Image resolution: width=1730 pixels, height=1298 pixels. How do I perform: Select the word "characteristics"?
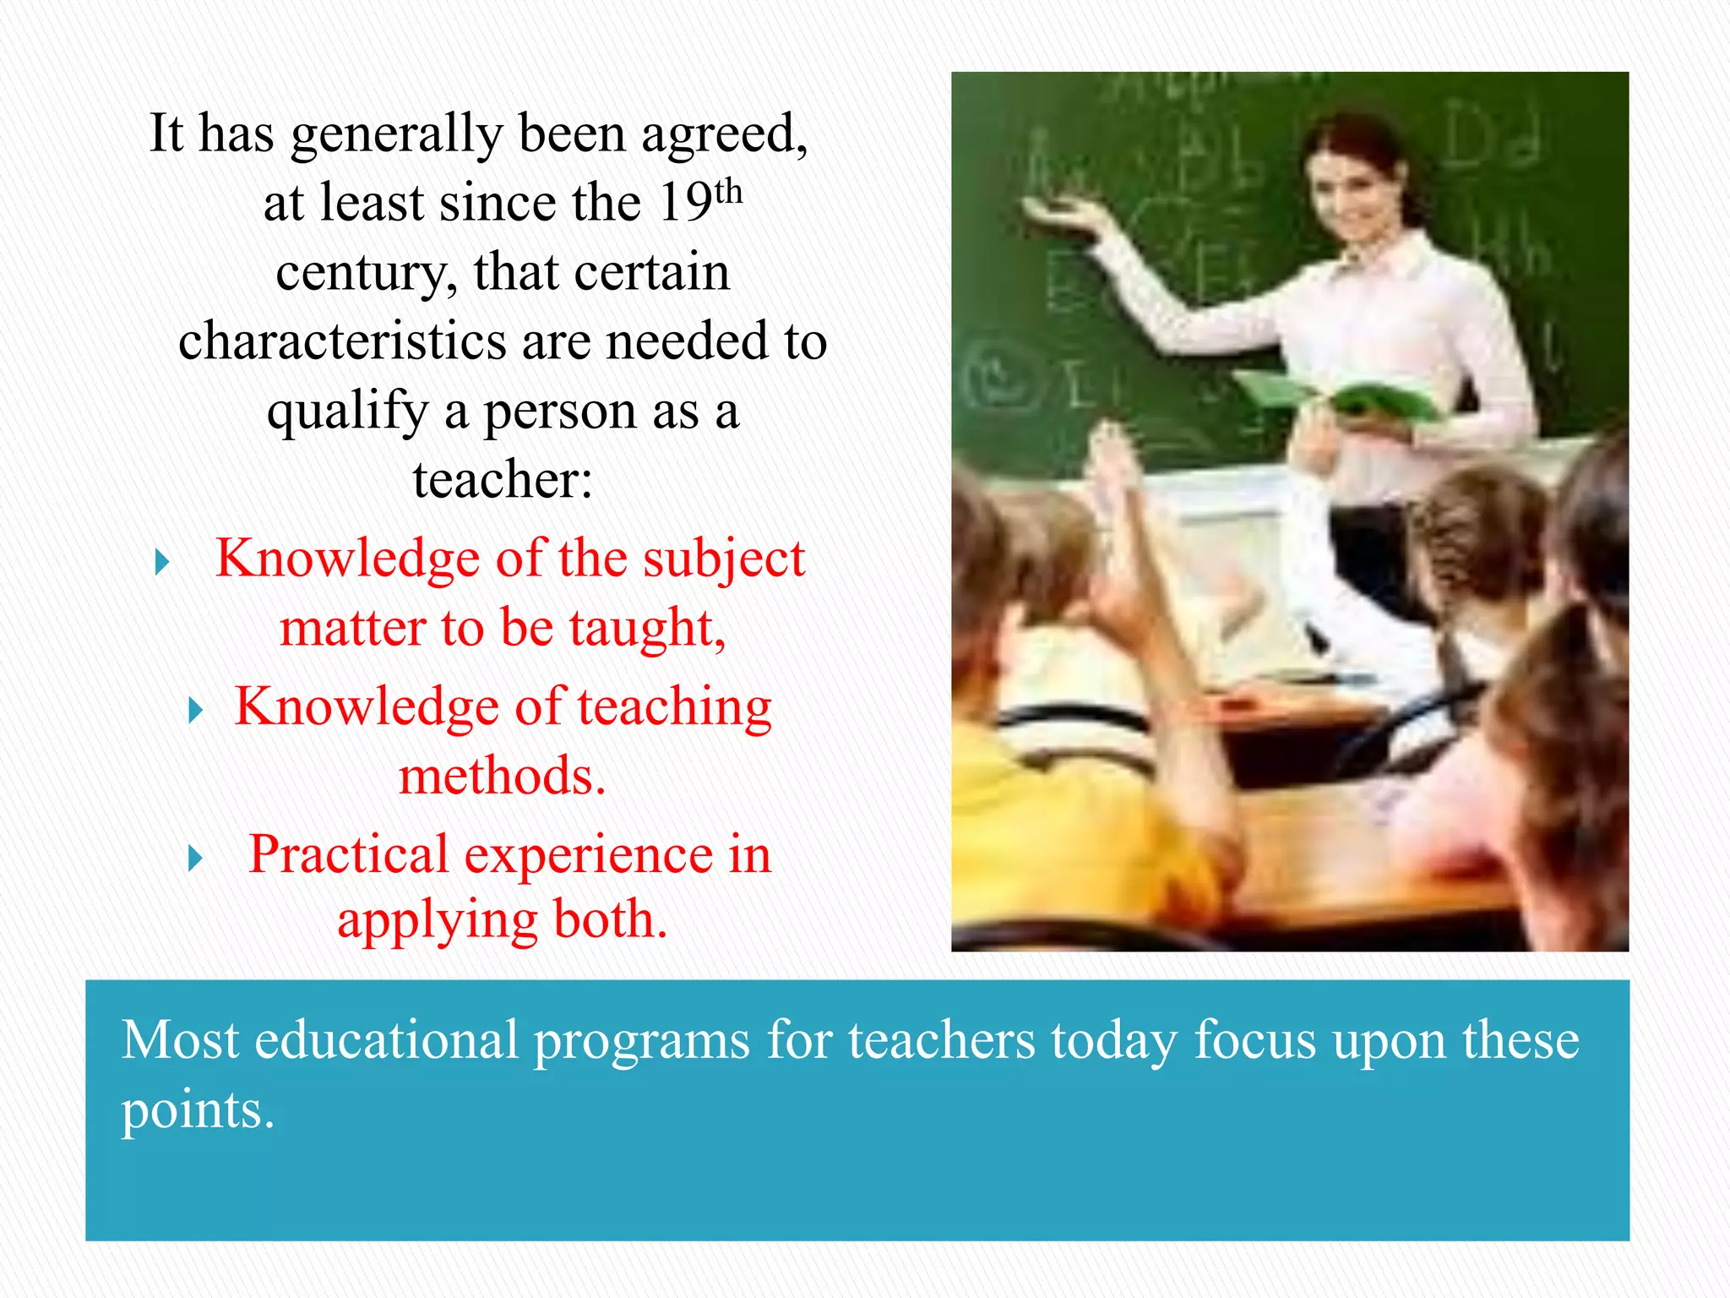point(342,341)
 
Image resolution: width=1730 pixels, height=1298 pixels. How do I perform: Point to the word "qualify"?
point(347,412)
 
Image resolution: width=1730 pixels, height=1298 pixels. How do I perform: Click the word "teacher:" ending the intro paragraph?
point(503,480)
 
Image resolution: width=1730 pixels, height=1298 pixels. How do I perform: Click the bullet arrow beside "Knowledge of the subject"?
point(162,562)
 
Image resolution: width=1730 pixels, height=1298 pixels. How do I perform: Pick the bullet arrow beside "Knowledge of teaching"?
point(195,710)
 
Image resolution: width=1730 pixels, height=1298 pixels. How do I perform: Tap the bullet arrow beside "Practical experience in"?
point(195,859)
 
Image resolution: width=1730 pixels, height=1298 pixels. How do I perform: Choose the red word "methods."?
point(503,776)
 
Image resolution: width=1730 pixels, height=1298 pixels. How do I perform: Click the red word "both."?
point(610,919)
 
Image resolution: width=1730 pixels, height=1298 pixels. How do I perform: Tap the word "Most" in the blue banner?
point(179,1039)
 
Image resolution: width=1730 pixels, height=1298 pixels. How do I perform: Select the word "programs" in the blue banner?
point(641,1041)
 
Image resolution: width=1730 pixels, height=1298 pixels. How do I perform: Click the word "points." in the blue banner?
point(198,1110)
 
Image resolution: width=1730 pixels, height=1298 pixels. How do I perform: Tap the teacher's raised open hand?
point(1060,211)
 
